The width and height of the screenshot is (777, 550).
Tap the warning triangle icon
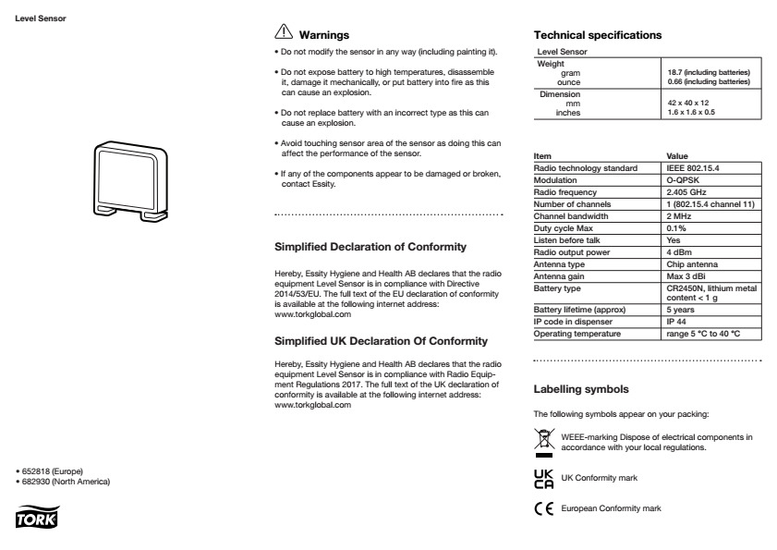click(x=285, y=33)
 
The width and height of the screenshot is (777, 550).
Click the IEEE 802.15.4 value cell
click(x=694, y=168)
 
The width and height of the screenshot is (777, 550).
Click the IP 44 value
click(x=679, y=321)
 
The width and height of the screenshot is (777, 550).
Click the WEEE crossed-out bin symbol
click(x=543, y=442)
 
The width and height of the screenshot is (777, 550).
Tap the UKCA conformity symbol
click(x=543, y=477)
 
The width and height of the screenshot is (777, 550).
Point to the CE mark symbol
click(x=543, y=507)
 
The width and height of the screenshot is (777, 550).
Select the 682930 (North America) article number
click(x=70, y=482)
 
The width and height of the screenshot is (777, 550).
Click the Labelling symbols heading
click(x=581, y=389)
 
